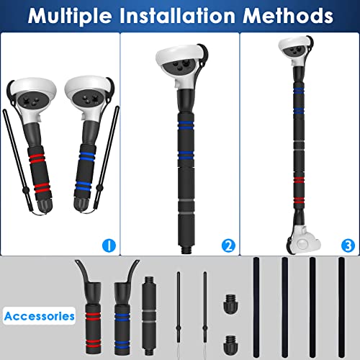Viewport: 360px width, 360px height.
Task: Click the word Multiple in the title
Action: click(70, 16)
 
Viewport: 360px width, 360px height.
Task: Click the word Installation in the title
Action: click(177, 16)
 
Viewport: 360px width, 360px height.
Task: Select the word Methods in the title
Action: click(288, 16)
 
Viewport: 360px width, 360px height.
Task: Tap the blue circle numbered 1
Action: click(109, 246)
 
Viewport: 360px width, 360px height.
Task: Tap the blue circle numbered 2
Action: click(228, 246)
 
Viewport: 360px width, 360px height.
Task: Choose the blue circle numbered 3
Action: click(348, 246)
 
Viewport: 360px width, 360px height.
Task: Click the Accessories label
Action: click(39, 316)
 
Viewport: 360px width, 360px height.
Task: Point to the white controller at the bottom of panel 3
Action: click(304, 240)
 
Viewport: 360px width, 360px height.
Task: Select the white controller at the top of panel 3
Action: click(296, 50)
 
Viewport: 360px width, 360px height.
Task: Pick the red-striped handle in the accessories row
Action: click(92, 317)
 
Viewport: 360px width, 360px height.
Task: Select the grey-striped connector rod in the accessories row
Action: click(149, 316)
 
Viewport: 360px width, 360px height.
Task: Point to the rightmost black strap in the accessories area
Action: click(341, 307)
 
